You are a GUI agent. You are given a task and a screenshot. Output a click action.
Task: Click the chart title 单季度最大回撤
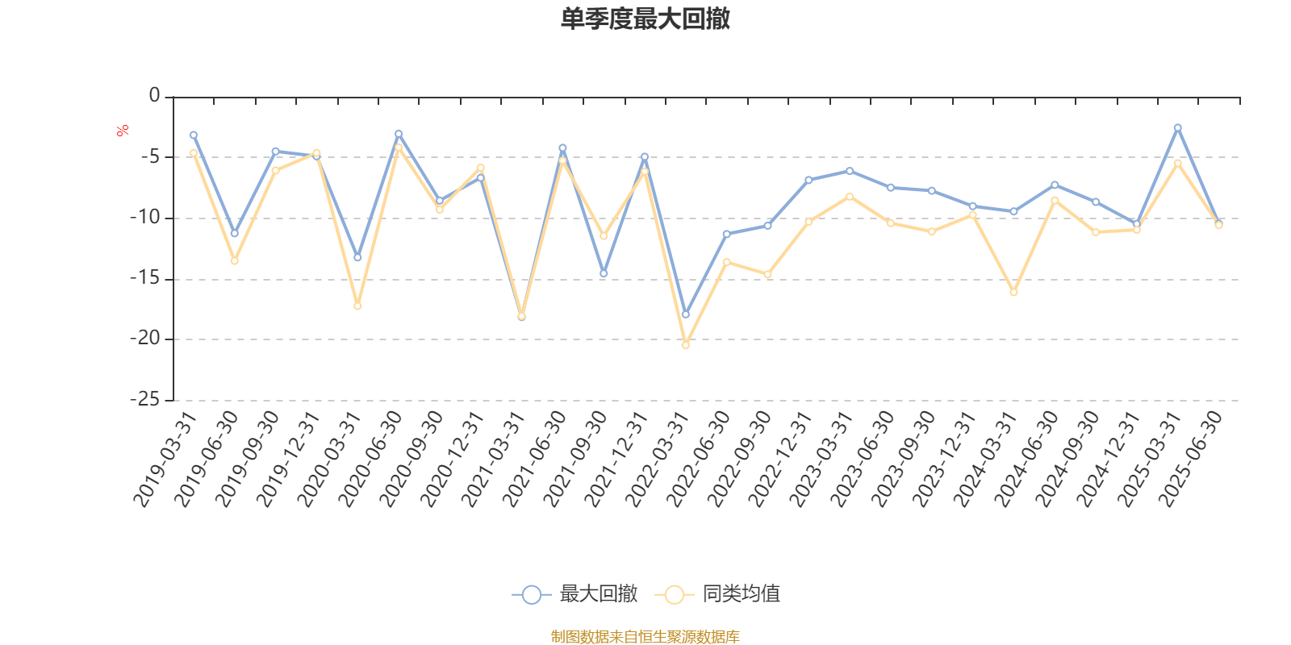(645, 19)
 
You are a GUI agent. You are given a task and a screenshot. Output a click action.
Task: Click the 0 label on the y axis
(154, 96)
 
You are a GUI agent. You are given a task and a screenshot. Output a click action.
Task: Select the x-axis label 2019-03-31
(165, 460)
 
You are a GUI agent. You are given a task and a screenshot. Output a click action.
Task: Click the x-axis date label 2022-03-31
(657, 460)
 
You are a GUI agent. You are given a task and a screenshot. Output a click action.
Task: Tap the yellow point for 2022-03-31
(686, 345)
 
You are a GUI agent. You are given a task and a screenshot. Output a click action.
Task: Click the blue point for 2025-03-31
(1177, 127)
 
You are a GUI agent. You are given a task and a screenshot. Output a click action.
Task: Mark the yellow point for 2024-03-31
(1013, 292)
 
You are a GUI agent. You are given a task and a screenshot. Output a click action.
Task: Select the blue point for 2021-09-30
(604, 274)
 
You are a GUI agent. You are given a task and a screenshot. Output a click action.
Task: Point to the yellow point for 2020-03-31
(357, 306)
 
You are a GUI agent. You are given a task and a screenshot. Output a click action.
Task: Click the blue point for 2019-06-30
(235, 234)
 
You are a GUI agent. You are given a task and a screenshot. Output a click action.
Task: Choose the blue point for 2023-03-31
(850, 171)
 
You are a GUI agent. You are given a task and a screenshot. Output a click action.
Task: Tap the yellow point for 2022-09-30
(767, 275)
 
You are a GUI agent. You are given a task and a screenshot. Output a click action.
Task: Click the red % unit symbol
(123, 131)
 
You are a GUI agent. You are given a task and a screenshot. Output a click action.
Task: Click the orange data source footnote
(645, 637)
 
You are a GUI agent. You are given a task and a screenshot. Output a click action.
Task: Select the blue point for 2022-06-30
(726, 234)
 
